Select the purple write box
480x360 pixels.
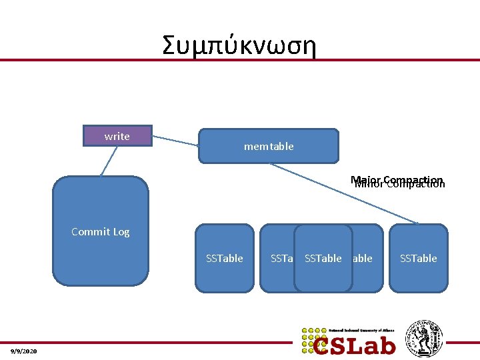(x=117, y=136)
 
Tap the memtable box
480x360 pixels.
(x=268, y=146)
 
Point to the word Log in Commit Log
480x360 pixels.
(x=121, y=232)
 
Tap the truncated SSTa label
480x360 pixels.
(x=281, y=259)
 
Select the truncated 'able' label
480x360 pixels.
(x=363, y=259)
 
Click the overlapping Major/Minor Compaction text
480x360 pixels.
(x=399, y=182)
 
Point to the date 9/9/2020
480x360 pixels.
(x=24, y=351)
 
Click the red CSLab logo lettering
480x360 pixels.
(x=355, y=345)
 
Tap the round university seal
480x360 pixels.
(x=424, y=339)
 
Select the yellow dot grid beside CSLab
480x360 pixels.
(x=312, y=340)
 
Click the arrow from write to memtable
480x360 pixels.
(x=175, y=141)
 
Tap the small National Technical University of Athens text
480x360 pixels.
(x=361, y=330)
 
